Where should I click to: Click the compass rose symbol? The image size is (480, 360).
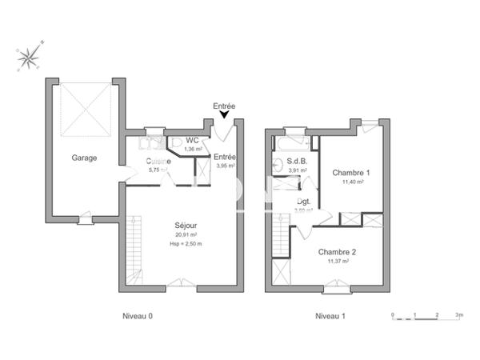click(30, 56)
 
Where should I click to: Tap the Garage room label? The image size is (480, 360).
click(84, 158)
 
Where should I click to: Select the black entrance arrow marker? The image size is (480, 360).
click(224, 117)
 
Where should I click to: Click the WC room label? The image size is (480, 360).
click(192, 141)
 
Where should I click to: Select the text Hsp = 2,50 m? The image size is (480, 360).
click(186, 243)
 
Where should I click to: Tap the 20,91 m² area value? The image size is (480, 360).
click(186, 235)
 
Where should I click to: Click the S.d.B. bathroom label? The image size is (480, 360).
click(298, 162)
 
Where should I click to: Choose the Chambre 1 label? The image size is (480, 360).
click(351, 173)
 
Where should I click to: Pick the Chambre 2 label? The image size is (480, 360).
click(338, 251)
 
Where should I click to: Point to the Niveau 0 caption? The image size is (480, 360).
click(137, 316)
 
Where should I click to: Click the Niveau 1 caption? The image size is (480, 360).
click(330, 316)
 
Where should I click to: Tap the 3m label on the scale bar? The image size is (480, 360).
click(459, 316)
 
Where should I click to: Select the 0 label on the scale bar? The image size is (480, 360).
click(393, 316)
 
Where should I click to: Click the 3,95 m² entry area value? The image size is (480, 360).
click(225, 166)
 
